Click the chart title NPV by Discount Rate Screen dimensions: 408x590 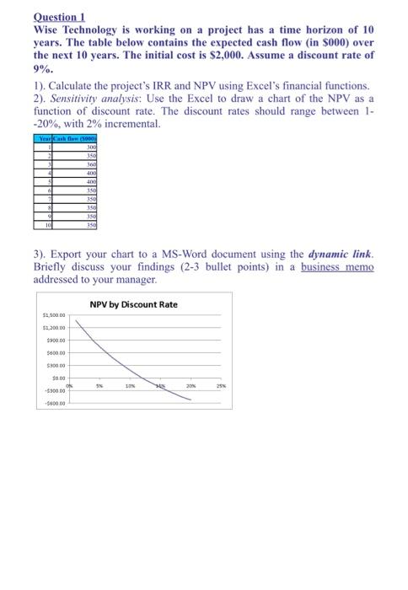click(x=133, y=304)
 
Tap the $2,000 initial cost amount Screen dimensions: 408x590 click(x=271, y=54)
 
